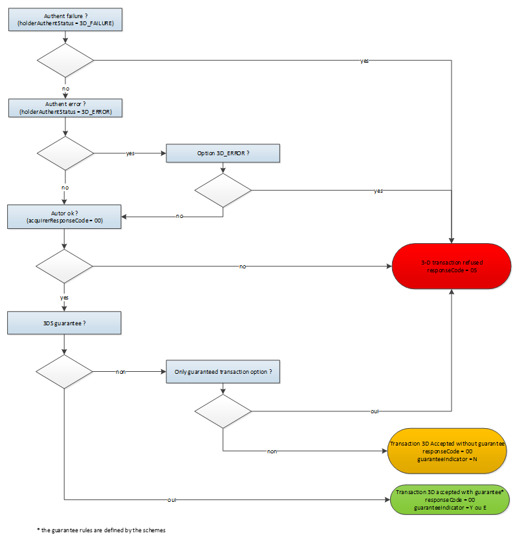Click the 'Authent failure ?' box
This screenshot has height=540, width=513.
coord(65,19)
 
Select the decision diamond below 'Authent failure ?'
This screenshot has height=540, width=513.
coord(65,61)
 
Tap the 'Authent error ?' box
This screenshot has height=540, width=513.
coord(65,107)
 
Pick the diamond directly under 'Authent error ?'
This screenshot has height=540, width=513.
coord(65,153)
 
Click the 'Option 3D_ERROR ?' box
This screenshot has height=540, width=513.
coord(223,153)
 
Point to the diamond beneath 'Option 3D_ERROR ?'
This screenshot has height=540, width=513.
coord(223,191)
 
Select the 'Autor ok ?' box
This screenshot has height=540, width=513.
coord(65,216)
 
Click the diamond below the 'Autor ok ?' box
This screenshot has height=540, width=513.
coord(65,266)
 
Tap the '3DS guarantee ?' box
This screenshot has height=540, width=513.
coord(65,323)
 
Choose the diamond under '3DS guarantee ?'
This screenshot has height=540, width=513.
coord(65,372)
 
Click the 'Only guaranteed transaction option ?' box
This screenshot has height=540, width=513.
coord(223,372)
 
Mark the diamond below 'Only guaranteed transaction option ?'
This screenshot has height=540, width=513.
coord(223,411)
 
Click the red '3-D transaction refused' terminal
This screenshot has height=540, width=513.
coord(452,266)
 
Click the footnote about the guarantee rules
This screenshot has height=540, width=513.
coord(102,530)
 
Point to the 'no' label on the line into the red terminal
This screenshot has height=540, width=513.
coord(243,266)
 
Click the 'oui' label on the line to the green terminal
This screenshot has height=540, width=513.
coord(171,500)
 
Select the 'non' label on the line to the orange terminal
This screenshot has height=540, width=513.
coord(272,451)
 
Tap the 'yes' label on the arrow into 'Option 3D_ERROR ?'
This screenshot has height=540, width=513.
coord(130,153)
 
